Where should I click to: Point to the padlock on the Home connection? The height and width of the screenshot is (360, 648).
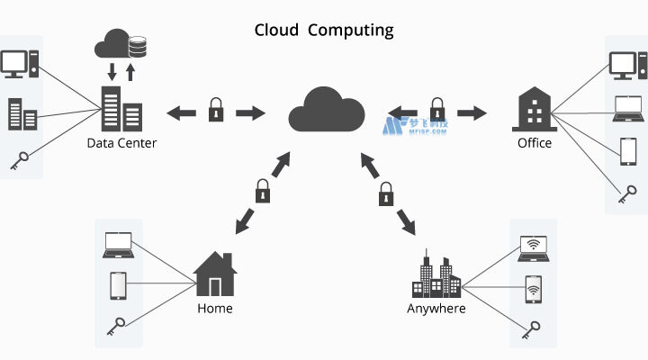[262, 191]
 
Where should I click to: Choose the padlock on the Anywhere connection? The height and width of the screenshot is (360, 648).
[387, 193]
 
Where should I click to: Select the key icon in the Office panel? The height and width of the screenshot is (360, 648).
[627, 191]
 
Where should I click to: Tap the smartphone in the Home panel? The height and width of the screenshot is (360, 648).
[118, 284]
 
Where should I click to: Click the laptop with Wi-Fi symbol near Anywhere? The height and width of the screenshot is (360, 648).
[533, 247]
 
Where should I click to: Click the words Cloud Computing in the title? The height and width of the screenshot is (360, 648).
[324, 30]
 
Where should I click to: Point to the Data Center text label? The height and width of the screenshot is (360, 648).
[121, 142]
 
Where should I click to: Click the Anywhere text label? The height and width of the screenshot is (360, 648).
[436, 309]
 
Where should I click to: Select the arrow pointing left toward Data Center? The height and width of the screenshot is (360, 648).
[181, 112]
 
